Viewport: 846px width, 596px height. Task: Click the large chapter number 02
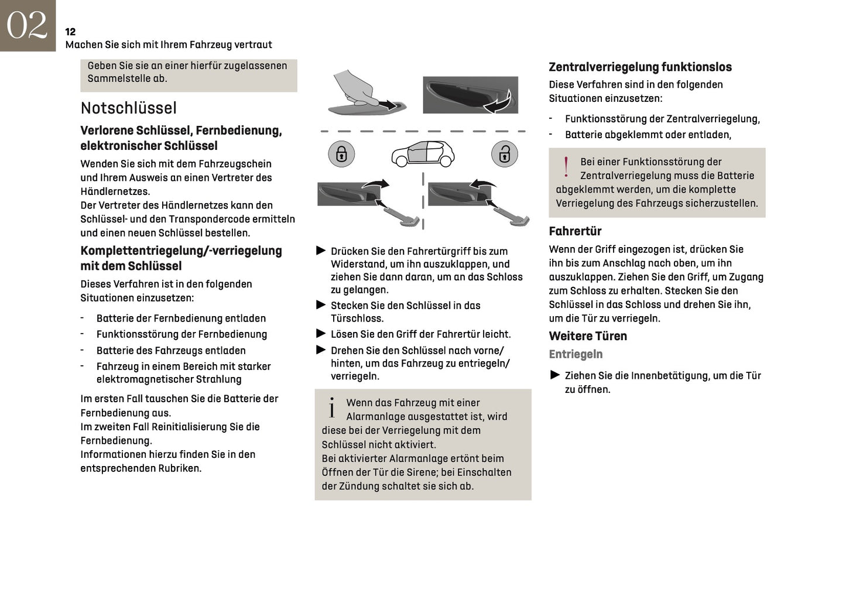27,25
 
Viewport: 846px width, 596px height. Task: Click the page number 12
70,32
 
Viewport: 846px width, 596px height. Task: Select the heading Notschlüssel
128,108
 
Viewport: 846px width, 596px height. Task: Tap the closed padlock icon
341,154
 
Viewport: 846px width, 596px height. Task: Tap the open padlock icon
504,154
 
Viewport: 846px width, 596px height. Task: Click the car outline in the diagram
423,154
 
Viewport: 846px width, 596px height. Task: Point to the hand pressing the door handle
354,88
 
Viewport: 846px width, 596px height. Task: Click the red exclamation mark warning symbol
566,167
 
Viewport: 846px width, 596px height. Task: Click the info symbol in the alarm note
332,408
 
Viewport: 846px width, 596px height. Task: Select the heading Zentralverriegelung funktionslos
640,67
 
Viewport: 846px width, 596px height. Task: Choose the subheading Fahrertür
575,231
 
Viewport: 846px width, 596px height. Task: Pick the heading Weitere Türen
588,336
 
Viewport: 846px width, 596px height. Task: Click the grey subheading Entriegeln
576,354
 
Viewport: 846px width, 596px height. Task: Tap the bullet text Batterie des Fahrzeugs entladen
171,351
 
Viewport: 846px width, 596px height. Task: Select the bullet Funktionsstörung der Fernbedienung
181,334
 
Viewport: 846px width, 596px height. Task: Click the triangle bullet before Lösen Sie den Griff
321,334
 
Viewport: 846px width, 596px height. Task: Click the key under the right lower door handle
511,215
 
